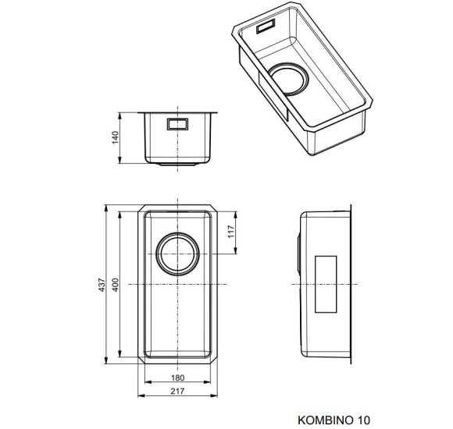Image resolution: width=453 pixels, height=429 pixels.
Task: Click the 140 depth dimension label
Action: pyautogui.click(x=116, y=137)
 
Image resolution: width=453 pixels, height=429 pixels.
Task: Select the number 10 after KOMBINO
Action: pyautogui.click(x=364, y=420)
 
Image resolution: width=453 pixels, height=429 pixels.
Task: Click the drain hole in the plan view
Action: pyautogui.click(x=177, y=253)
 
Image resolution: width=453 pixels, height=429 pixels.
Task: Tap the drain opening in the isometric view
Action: pyautogui.click(x=288, y=79)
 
